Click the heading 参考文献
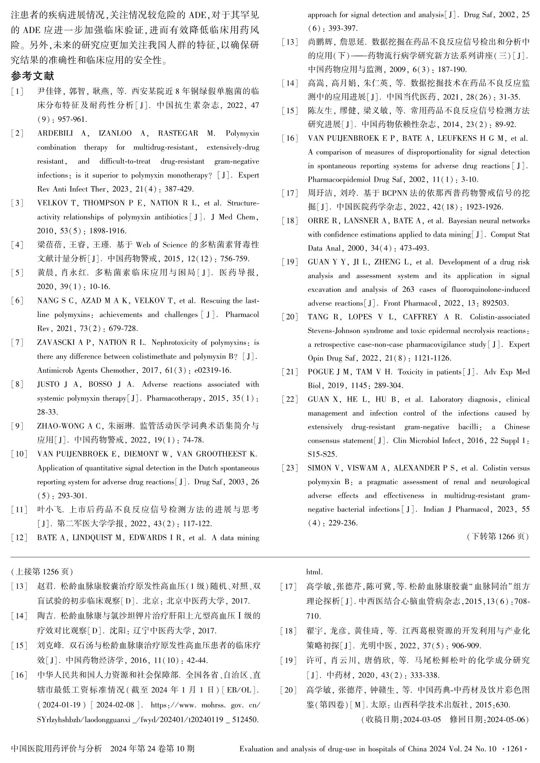pos(32,76)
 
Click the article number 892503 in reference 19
pos(496,303)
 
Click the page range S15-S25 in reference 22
pos(322,454)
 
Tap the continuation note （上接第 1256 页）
pos(42,571)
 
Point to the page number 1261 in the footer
pos(514,748)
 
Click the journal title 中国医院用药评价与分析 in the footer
pos(57,748)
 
